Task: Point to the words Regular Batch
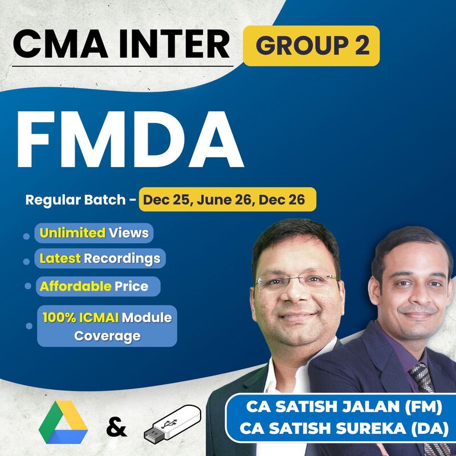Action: coord(77,201)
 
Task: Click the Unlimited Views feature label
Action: coord(94,233)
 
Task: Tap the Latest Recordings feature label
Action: coord(100,259)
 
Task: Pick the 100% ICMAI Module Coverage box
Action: coord(107,326)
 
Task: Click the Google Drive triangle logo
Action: coord(63,425)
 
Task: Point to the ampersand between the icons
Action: coord(116,426)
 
